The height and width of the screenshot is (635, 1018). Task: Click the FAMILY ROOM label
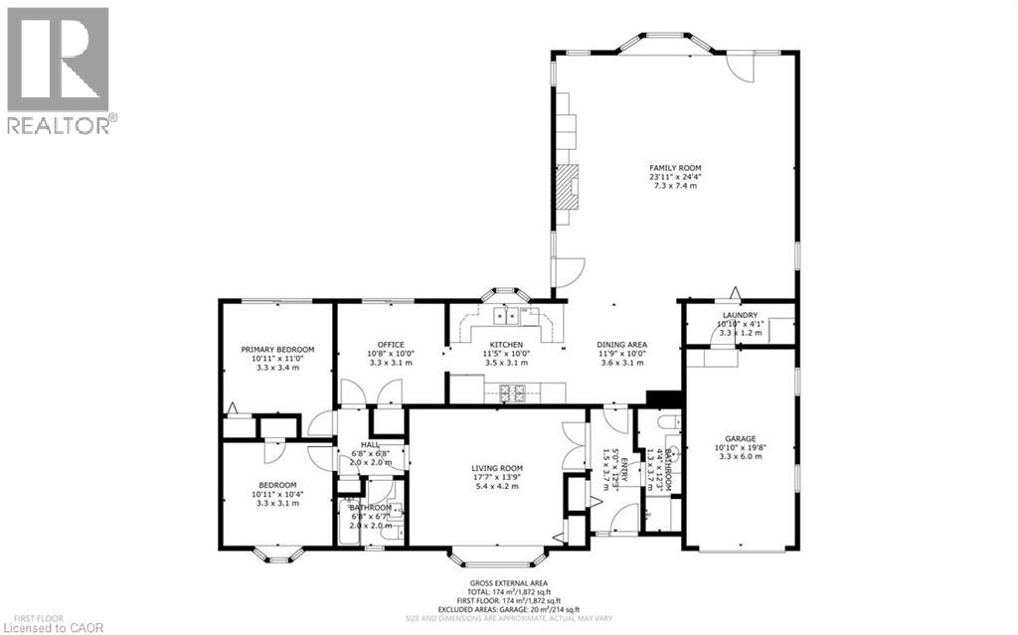point(676,167)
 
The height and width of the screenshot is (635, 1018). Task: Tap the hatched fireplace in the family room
point(567,186)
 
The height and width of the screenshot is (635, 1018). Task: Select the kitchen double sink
point(508,317)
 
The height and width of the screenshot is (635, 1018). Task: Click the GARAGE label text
point(741,438)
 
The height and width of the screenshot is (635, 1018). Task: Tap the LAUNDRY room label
point(740,315)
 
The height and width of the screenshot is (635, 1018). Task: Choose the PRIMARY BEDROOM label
point(277,349)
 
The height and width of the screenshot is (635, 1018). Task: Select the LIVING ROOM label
point(497,468)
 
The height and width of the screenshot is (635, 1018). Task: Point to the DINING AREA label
point(623,345)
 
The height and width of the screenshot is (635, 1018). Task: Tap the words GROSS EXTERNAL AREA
point(509,583)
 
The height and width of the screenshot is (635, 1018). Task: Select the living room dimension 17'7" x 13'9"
point(497,478)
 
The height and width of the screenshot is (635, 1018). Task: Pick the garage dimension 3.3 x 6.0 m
point(741,457)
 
